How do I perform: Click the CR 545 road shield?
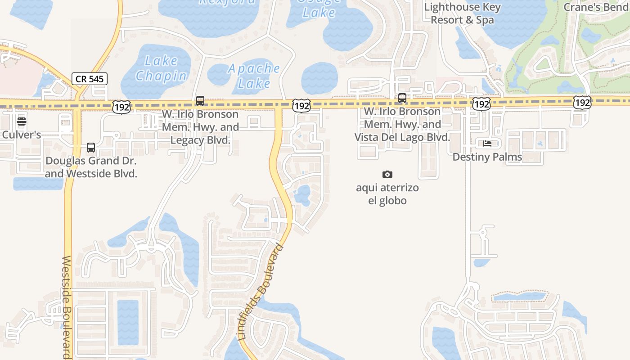point(89,79)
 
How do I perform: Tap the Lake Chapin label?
point(161,68)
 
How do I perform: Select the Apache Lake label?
point(254,76)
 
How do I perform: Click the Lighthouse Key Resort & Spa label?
point(462,13)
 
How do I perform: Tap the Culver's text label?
point(22,135)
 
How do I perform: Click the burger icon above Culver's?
point(22,121)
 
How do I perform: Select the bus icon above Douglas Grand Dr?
point(91,148)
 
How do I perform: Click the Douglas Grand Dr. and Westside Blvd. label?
point(91,167)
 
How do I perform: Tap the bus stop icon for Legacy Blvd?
point(200,101)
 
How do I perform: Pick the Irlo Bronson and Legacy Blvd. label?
point(200,127)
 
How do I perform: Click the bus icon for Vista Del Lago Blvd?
point(402,98)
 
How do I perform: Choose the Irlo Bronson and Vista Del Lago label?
point(402,124)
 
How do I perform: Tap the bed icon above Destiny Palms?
point(487,144)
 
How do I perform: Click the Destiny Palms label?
point(487,157)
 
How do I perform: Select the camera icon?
point(387,174)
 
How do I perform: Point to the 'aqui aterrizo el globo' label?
point(387,194)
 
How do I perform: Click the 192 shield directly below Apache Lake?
point(301,106)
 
